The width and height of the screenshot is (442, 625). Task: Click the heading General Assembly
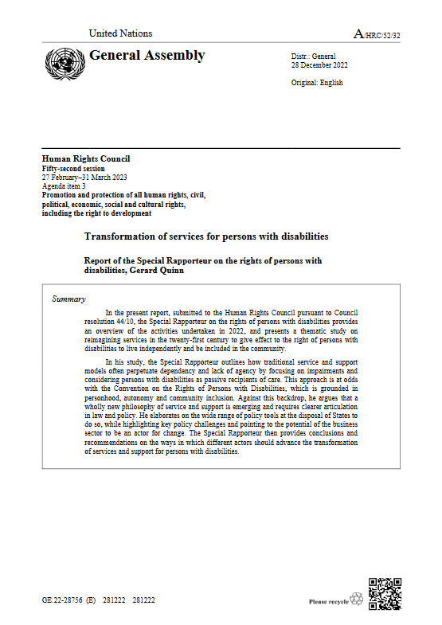coord(147,55)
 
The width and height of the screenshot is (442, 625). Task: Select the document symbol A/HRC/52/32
coord(377,33)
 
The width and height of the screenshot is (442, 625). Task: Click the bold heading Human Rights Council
coord(85,158)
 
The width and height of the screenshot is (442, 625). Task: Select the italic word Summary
coord(68,299)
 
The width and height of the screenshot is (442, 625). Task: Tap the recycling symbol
coord(355,599)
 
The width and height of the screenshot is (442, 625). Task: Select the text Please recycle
coord(327,602)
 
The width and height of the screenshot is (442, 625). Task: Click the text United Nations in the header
coord(120,33)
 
